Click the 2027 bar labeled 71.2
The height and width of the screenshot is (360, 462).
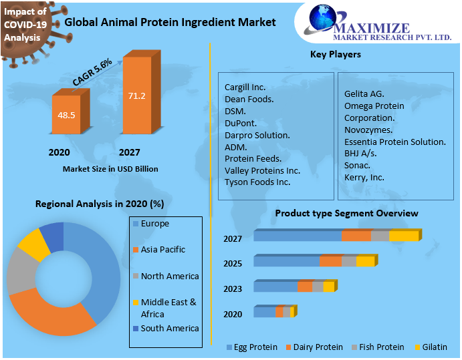point(136,97)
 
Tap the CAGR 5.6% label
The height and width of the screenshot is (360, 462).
point(92,72)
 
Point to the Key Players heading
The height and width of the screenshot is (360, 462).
point(335,54)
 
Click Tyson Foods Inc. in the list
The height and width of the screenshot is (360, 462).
point(257,182)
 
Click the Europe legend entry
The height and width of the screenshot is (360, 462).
point(154,224)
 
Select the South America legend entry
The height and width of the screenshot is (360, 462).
point(169,328)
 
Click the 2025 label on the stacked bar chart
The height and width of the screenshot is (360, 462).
point(233,263)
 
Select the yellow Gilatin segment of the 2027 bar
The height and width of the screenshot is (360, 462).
point(403,236)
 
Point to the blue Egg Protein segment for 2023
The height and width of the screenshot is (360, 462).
point(275,287)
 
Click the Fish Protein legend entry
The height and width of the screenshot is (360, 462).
point(380,347)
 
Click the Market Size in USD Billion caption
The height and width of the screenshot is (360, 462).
point(110,169)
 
